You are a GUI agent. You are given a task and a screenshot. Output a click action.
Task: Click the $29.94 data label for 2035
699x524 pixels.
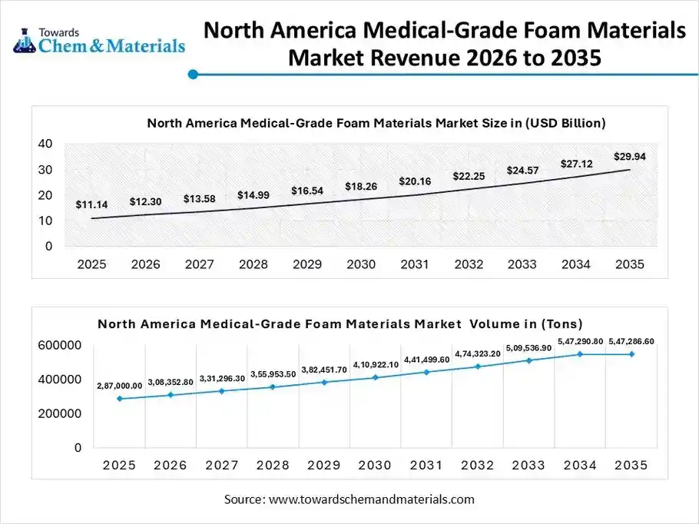pyautogui.click(x=629, y=157)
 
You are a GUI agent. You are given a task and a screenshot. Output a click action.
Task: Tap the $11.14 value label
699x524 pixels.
pyautogui.click(x=91, y=205)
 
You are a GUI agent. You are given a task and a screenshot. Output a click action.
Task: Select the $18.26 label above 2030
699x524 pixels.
pyautogui.click(x=360, y=186)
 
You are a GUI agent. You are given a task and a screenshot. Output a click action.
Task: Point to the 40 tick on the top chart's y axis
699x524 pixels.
pyautogui.click(x=45, y=144)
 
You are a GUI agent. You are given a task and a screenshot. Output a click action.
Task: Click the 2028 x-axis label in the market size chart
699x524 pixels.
pyautogui.click(x=253, y=264)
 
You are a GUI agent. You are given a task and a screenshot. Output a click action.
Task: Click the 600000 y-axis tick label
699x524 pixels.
pyautogui.click(x=60, y=346)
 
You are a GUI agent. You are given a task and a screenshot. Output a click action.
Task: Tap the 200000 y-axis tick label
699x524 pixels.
pyautogui.click(x=60, y=413)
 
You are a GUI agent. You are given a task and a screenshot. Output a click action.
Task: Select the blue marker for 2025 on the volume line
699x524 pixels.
pyautogui.click(x=119, y=399)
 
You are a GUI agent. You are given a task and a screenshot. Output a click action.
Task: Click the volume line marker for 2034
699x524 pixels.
pyautogui.click(x=580, y=354)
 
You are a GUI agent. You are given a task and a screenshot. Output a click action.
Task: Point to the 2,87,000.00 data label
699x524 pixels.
pyautogui.click(x=119, y=386)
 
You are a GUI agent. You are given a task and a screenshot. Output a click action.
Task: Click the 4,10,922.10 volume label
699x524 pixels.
pyautogui.click(x=376, y=364)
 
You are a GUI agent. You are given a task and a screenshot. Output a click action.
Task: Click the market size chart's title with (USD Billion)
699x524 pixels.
pyautogui.click(x=376, y=123)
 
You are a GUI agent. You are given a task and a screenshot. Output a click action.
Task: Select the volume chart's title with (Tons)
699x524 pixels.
pyautogui.click(x=340, y=323)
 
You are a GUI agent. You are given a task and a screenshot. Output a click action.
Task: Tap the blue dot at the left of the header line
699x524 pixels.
pyautogui.click(x=194, y=75)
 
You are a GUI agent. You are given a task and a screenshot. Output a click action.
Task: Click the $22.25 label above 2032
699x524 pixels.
pyautogui.click(x=468, y=176)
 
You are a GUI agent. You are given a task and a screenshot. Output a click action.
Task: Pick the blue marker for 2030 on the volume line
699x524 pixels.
pyautogui.click(x=376, y=377)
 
